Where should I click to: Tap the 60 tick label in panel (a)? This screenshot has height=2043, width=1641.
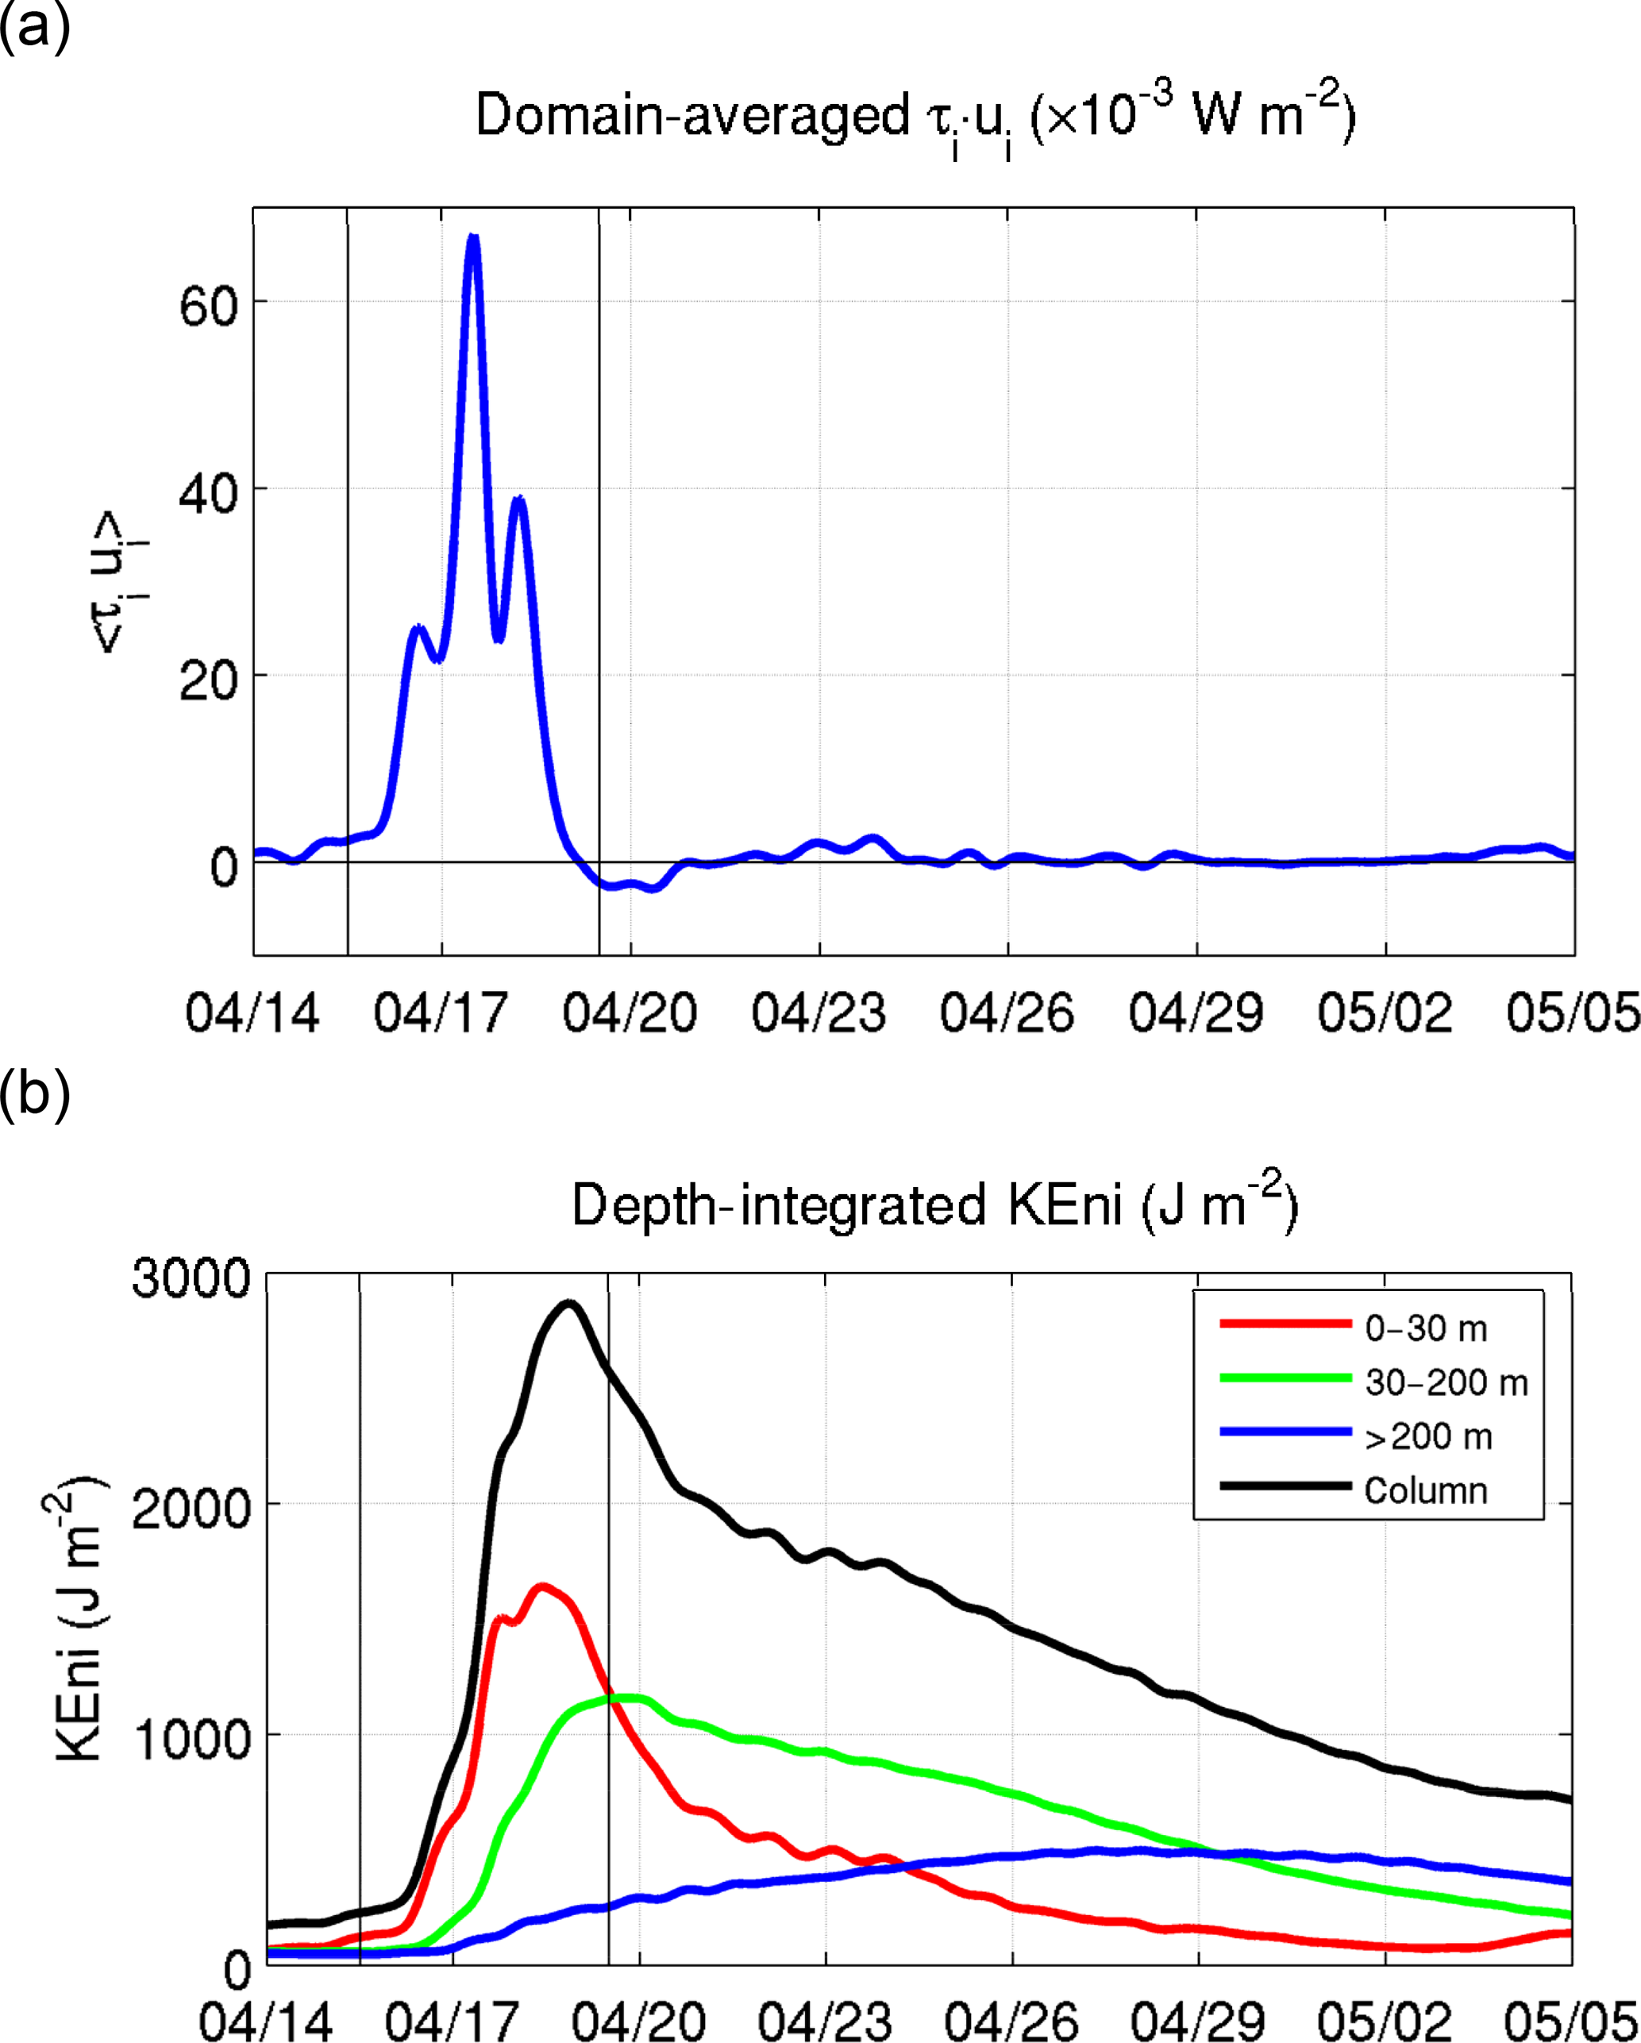tap(209, 306)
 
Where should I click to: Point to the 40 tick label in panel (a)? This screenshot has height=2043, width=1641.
tap(209, 493)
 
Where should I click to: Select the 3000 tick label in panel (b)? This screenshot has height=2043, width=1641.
tap(191, 1278)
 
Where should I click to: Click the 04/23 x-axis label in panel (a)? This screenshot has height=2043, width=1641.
tap(819, 1014)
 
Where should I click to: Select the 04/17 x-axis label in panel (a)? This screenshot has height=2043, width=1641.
tap(441, 1014)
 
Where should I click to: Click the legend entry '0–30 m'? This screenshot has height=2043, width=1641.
tap(1426, 1328)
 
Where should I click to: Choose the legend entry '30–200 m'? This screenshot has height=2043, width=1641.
tap(1446, 1382)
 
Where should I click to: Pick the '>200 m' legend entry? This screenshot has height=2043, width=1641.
tap(1427, 1436)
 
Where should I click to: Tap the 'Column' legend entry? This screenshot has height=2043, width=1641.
tap(1426, 1490)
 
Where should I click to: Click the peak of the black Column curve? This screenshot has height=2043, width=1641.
tap(568, 1304)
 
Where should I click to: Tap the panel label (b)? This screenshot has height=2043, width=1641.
tap(35, 1093)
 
